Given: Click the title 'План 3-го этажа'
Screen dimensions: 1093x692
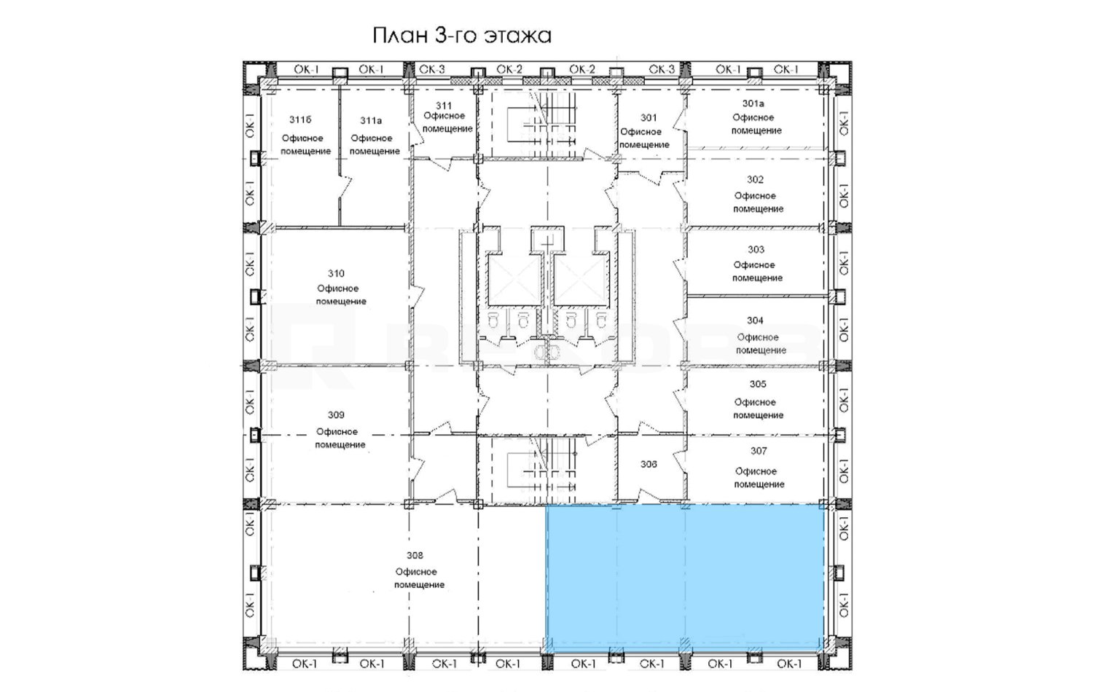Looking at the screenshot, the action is [x=462, y=36].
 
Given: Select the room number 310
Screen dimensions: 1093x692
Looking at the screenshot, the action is [x=336, y=274].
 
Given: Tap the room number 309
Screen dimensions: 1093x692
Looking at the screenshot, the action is [x=336, y=415].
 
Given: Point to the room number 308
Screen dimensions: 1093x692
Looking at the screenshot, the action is [x=415, y=556].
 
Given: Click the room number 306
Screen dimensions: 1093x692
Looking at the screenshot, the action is [x=649, y=464].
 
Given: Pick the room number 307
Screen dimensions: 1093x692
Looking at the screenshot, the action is [x=759, y=451].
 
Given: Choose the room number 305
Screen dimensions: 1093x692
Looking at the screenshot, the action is [x=758, y=385].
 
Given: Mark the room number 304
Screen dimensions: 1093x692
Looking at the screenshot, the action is [x=755, y=321].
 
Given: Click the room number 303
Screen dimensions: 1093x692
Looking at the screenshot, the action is [x=756, y=250].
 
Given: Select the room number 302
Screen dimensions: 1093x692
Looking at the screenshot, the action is [x=755, y=179].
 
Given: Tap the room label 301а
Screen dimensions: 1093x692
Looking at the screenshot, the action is [x=753, y=103].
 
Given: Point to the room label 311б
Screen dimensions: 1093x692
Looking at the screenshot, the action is [x=300, y=120].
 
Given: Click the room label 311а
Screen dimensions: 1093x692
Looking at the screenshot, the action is [x=371, y=120].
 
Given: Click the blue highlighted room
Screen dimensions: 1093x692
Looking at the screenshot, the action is [x=685, y=578].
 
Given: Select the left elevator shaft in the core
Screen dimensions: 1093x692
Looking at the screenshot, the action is [x=514, y=281].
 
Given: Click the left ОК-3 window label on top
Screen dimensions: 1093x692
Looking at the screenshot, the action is [x=432, y=70].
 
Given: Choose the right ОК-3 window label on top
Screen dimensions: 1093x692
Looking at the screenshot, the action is [x=662, y=70].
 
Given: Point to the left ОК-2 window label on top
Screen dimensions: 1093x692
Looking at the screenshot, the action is [x=509, y=70].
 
